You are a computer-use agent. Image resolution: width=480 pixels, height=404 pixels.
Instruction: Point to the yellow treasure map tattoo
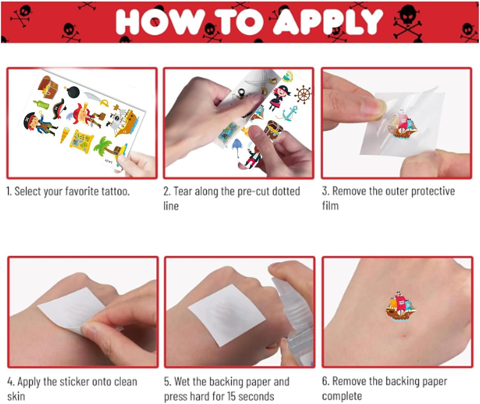pyautogui.click(x=81, y=142)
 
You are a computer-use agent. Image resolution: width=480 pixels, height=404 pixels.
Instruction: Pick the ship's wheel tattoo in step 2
pyautogui.click(x=303, y=94)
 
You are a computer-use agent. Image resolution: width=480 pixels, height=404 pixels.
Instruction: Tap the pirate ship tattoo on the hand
pyautogui.click(x=401, y=306)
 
